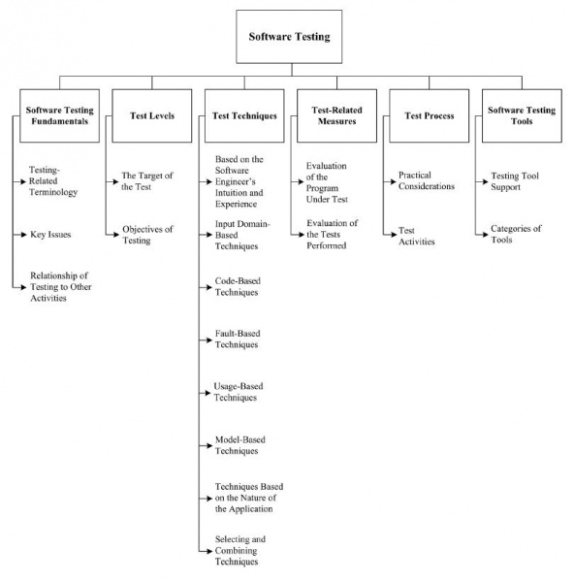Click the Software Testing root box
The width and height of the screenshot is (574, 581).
[290, 38]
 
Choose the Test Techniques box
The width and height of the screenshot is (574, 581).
[242, 115]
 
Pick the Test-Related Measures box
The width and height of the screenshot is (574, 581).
[334, 115]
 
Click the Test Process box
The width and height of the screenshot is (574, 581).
[429, 115]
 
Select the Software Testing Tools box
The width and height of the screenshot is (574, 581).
[521, 115]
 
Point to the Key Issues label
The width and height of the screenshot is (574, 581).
[50, 234]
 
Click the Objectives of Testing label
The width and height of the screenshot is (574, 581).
[147, 234]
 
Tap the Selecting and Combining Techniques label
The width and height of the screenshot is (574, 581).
[239, 550]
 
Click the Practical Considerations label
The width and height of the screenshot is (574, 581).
[426, 180]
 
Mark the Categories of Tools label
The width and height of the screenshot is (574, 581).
[516, 234]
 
